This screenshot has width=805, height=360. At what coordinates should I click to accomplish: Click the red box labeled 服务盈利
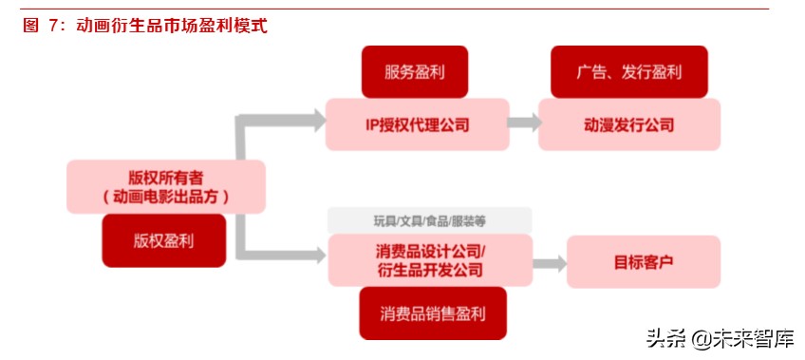point(415,71)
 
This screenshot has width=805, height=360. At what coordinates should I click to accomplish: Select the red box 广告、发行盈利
point(628,71)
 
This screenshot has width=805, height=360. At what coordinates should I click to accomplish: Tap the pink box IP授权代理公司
point(417,124)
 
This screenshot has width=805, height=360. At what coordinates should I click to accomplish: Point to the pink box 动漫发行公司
point(628,124)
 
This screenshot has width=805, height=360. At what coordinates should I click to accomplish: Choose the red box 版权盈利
point(164,239)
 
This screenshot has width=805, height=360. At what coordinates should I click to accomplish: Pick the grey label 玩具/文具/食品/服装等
point(429,220)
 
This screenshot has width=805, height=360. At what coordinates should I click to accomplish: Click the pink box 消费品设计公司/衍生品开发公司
point(429,260)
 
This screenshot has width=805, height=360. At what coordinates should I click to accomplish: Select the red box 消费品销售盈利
point(432,313)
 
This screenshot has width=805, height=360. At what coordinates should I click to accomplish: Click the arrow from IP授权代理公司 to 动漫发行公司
point(523,123)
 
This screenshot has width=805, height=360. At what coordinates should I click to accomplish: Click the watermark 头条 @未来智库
point(720,338)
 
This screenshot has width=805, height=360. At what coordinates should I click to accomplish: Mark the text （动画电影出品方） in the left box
point(165,197)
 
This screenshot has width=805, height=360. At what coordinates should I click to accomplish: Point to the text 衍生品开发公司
point(429,271)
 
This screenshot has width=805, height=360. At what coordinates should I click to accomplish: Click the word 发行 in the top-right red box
point(637,71)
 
